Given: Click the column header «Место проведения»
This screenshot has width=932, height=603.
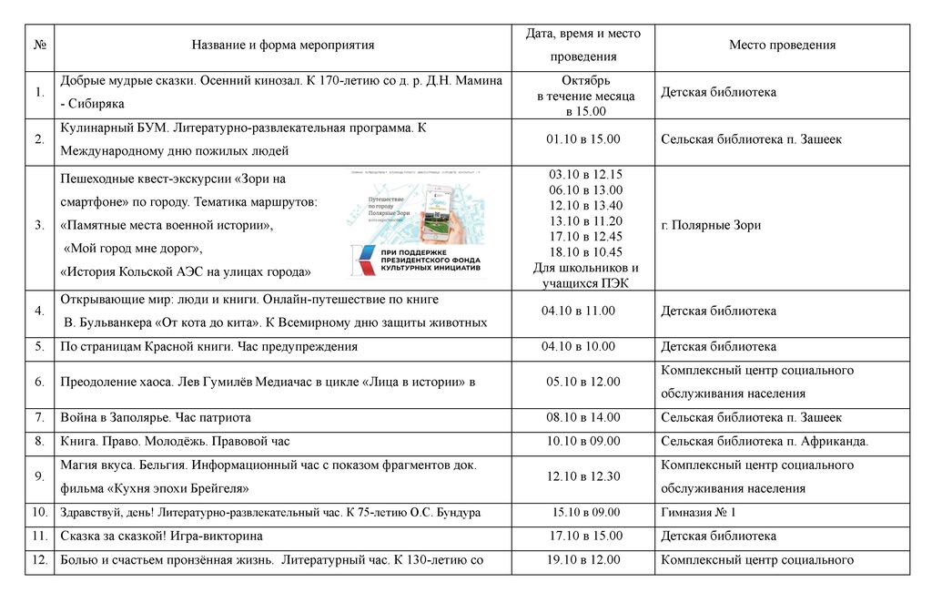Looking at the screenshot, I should [782, 45].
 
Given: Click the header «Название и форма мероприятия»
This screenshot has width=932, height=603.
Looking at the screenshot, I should [283, 45].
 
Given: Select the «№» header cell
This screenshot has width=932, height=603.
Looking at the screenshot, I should [39, 45].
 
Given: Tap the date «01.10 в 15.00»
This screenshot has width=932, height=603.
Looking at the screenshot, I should [583, 139].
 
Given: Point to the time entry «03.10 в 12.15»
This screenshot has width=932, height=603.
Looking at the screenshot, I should [585, 174].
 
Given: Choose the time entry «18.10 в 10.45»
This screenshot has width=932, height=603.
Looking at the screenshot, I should [585, 252].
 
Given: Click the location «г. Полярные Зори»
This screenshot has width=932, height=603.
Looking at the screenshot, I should [711, 225].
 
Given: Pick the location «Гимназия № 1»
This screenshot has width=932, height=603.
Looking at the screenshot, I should [698, 512].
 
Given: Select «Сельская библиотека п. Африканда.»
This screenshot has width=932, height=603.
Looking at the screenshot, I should [765, 441].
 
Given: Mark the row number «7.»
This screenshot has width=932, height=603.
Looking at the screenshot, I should [39, 417].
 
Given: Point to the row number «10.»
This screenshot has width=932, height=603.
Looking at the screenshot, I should [40, 512].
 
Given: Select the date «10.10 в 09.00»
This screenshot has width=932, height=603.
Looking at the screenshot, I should [583, 441].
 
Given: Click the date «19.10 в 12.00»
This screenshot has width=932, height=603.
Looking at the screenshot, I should [583, 560].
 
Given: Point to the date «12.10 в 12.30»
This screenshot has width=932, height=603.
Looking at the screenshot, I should [583, 476].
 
